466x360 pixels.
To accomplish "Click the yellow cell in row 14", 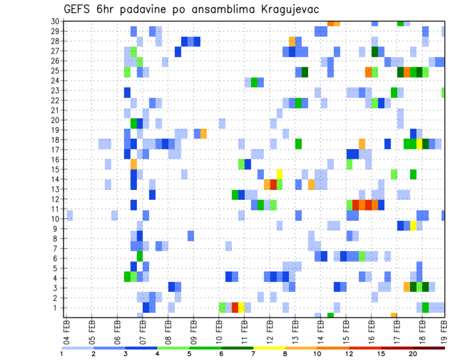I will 280,174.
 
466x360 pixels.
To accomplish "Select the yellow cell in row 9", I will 413,226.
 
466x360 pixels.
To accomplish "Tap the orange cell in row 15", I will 133,164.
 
